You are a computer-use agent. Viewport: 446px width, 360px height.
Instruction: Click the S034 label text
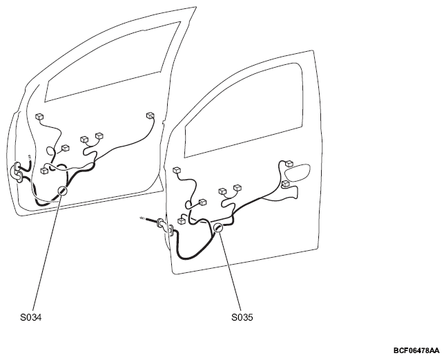pyautogui.click(x=30, y=317)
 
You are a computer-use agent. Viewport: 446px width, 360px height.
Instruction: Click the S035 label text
pyautogui.click(x=242, y=317)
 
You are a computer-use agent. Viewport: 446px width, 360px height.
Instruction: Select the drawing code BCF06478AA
pyautogui.click(x=416, y=350)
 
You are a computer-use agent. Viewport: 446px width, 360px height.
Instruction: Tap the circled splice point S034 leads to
pyautogui.click(x=62, y=191)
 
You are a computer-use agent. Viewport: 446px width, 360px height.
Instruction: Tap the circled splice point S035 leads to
pyautogui.click(x=218, y=227)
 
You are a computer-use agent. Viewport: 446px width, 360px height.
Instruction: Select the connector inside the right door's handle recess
pyautogui.click(x=289, y=163)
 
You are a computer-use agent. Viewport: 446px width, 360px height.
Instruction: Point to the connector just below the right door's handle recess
pyautogui.click(x=286, y=184)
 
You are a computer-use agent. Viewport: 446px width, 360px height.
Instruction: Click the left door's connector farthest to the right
pyautogui.click(x=150, y=115)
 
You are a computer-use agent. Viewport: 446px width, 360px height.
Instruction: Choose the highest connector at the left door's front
pyautogui.click(x=39, y=116)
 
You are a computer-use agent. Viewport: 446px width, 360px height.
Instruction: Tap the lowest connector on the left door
pyautogui.click(x=44, y=171)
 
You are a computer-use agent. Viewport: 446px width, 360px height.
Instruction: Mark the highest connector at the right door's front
pyautogui.click(x=177, y=170)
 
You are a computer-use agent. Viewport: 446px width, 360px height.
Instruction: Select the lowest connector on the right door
pyautogui.click(x=181, y=221)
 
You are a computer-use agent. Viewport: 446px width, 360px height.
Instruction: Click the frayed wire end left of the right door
pyautogui.click(x=143, y=218)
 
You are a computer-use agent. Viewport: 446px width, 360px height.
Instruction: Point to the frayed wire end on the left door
pyautogui.click(x=29, y=157)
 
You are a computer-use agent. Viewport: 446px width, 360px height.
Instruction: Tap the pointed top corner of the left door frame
pyautogui.click(x=196, y=7)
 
